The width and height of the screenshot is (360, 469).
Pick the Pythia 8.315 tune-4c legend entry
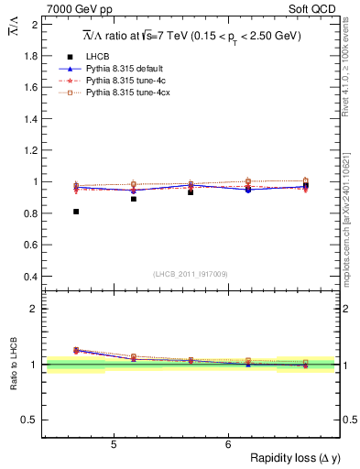pos(123,81)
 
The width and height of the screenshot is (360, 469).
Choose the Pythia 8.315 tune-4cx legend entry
pos(125,93)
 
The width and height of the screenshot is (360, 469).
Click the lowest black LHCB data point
pos(76,212)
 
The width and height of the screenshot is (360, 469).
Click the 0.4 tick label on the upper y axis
pos(30,277)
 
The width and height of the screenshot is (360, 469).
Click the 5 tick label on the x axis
pos(113,445)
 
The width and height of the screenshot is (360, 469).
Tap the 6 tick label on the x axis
pos(228,445)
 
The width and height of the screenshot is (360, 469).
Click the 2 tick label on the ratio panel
pos(35,309)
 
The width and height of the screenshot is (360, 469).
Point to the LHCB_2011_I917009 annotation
pos(191,274)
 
